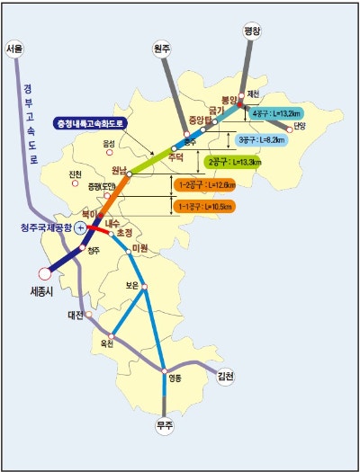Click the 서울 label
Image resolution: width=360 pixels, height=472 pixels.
[14, 48]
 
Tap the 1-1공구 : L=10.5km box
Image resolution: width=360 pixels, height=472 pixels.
[206, 207]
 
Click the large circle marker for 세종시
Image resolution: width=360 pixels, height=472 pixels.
[44, 273]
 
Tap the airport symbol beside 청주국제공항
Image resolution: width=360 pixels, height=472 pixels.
[80, 229]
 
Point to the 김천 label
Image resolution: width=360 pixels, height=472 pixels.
[225, 378]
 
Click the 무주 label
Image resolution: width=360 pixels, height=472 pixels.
[164, 425]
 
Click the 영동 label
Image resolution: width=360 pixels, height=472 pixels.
[175, 378]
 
